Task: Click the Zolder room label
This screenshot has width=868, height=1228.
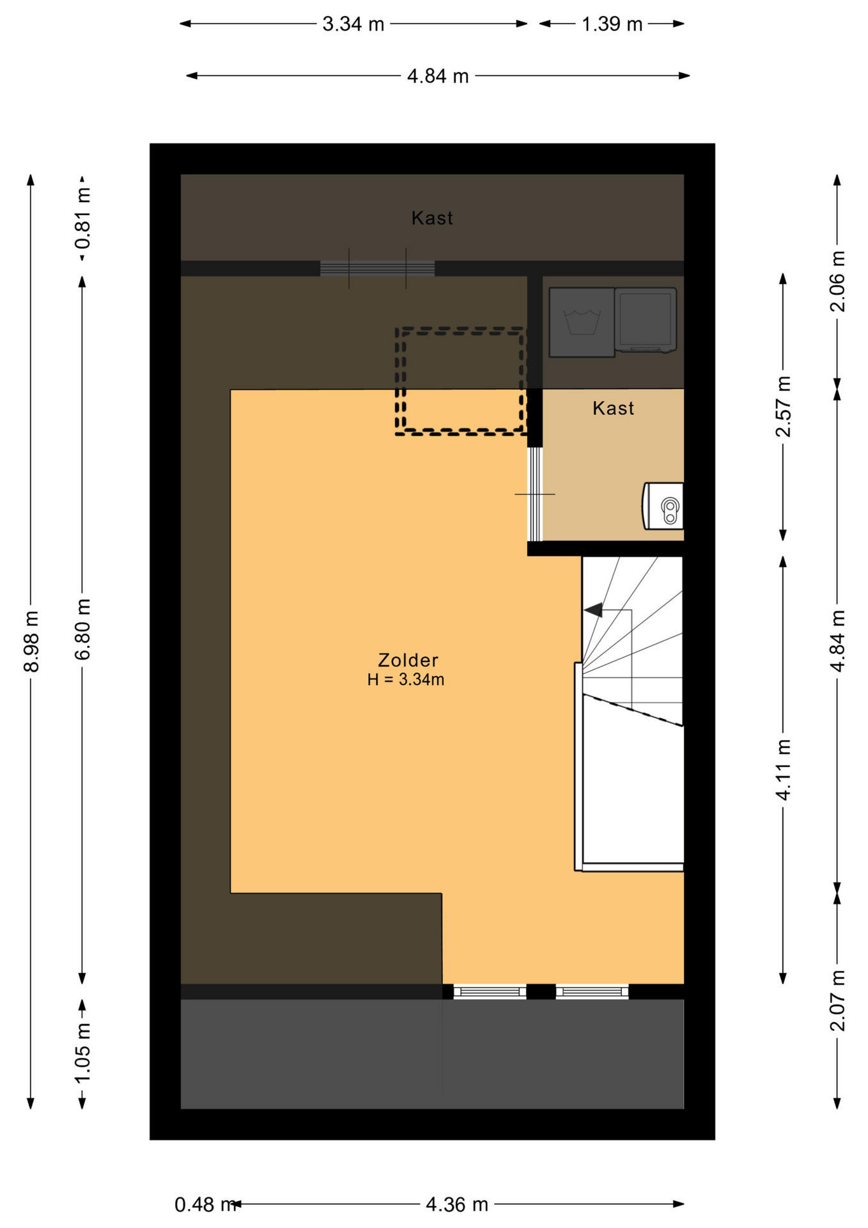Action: [x=408, y=660]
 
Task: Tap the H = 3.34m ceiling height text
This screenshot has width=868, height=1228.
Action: [x=405, y=680]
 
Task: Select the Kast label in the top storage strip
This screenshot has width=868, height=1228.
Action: [x=432, y=218]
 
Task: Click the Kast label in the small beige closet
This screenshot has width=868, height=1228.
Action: [x=613, y=408]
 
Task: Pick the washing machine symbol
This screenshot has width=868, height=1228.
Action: [x=582, y=322]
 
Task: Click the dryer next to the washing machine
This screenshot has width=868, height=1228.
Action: [x=646, y=320]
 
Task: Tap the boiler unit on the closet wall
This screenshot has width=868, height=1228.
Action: [x=663, y=506]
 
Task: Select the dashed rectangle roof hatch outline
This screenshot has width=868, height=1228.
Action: [x=460, y=381]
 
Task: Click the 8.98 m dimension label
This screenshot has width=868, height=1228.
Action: [x=31, y=641]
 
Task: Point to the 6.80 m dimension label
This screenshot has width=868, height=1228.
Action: [x=82, y=629]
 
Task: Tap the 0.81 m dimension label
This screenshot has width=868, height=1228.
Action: [x=82, y=219]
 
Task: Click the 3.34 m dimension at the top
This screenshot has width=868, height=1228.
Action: [x=353, y=24]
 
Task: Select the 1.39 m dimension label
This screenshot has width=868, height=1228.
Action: [x=612, y=24]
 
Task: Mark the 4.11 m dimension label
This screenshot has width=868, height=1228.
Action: [x=783, y=769]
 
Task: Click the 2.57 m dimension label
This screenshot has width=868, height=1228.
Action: [x=783, y=407]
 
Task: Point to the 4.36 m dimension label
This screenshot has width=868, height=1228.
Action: [x=457, y=1205]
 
